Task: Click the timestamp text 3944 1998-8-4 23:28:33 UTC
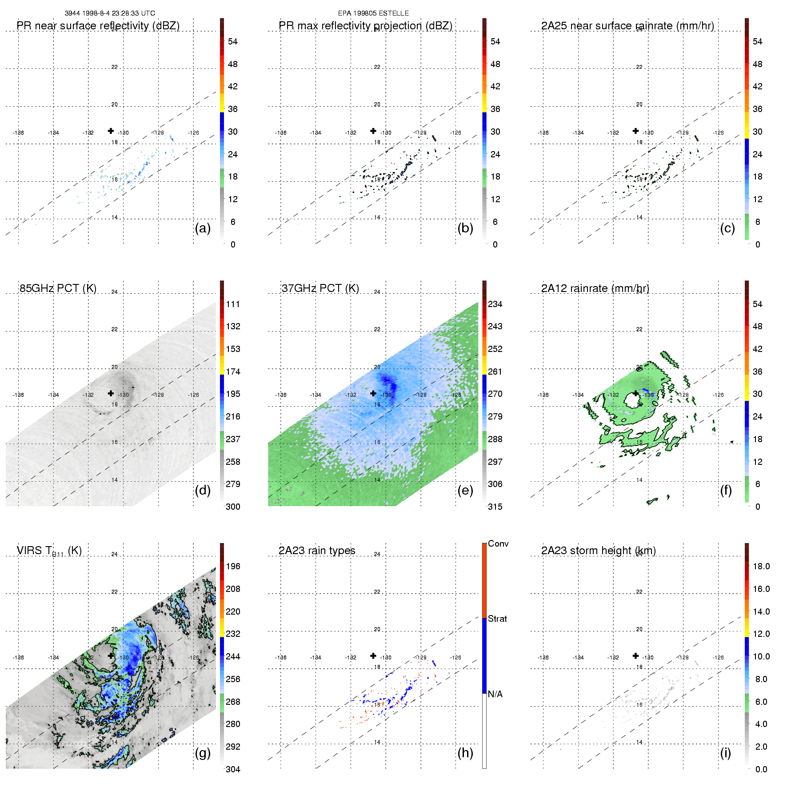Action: click(110, 13)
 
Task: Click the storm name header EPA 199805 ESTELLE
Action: click(373, 13)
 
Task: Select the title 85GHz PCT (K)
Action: click(58, 288)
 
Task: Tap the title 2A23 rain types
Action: click(317, 551)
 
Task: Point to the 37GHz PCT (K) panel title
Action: click(320, 288)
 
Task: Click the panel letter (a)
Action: click(203, 228)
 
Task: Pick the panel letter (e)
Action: click(465, 490)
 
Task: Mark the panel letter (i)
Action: click(726, 753)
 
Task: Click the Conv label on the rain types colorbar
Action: click(498, 543)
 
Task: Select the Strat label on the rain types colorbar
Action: click(497, 619)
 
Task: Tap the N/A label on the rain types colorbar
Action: click(495, 694)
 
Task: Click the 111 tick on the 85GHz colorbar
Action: click(233, 304)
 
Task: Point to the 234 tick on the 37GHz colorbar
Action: click(495, 304)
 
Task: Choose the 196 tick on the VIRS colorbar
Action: click(233, 566)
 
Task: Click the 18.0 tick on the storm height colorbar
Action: click(761, 566)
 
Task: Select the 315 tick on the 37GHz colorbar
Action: click(495, 507)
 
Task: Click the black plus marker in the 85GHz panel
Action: click(111, 393)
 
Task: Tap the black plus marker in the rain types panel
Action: click(373, 655)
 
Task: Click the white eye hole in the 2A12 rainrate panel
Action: click(631, 400)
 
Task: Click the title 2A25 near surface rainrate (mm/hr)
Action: click(627, 26)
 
